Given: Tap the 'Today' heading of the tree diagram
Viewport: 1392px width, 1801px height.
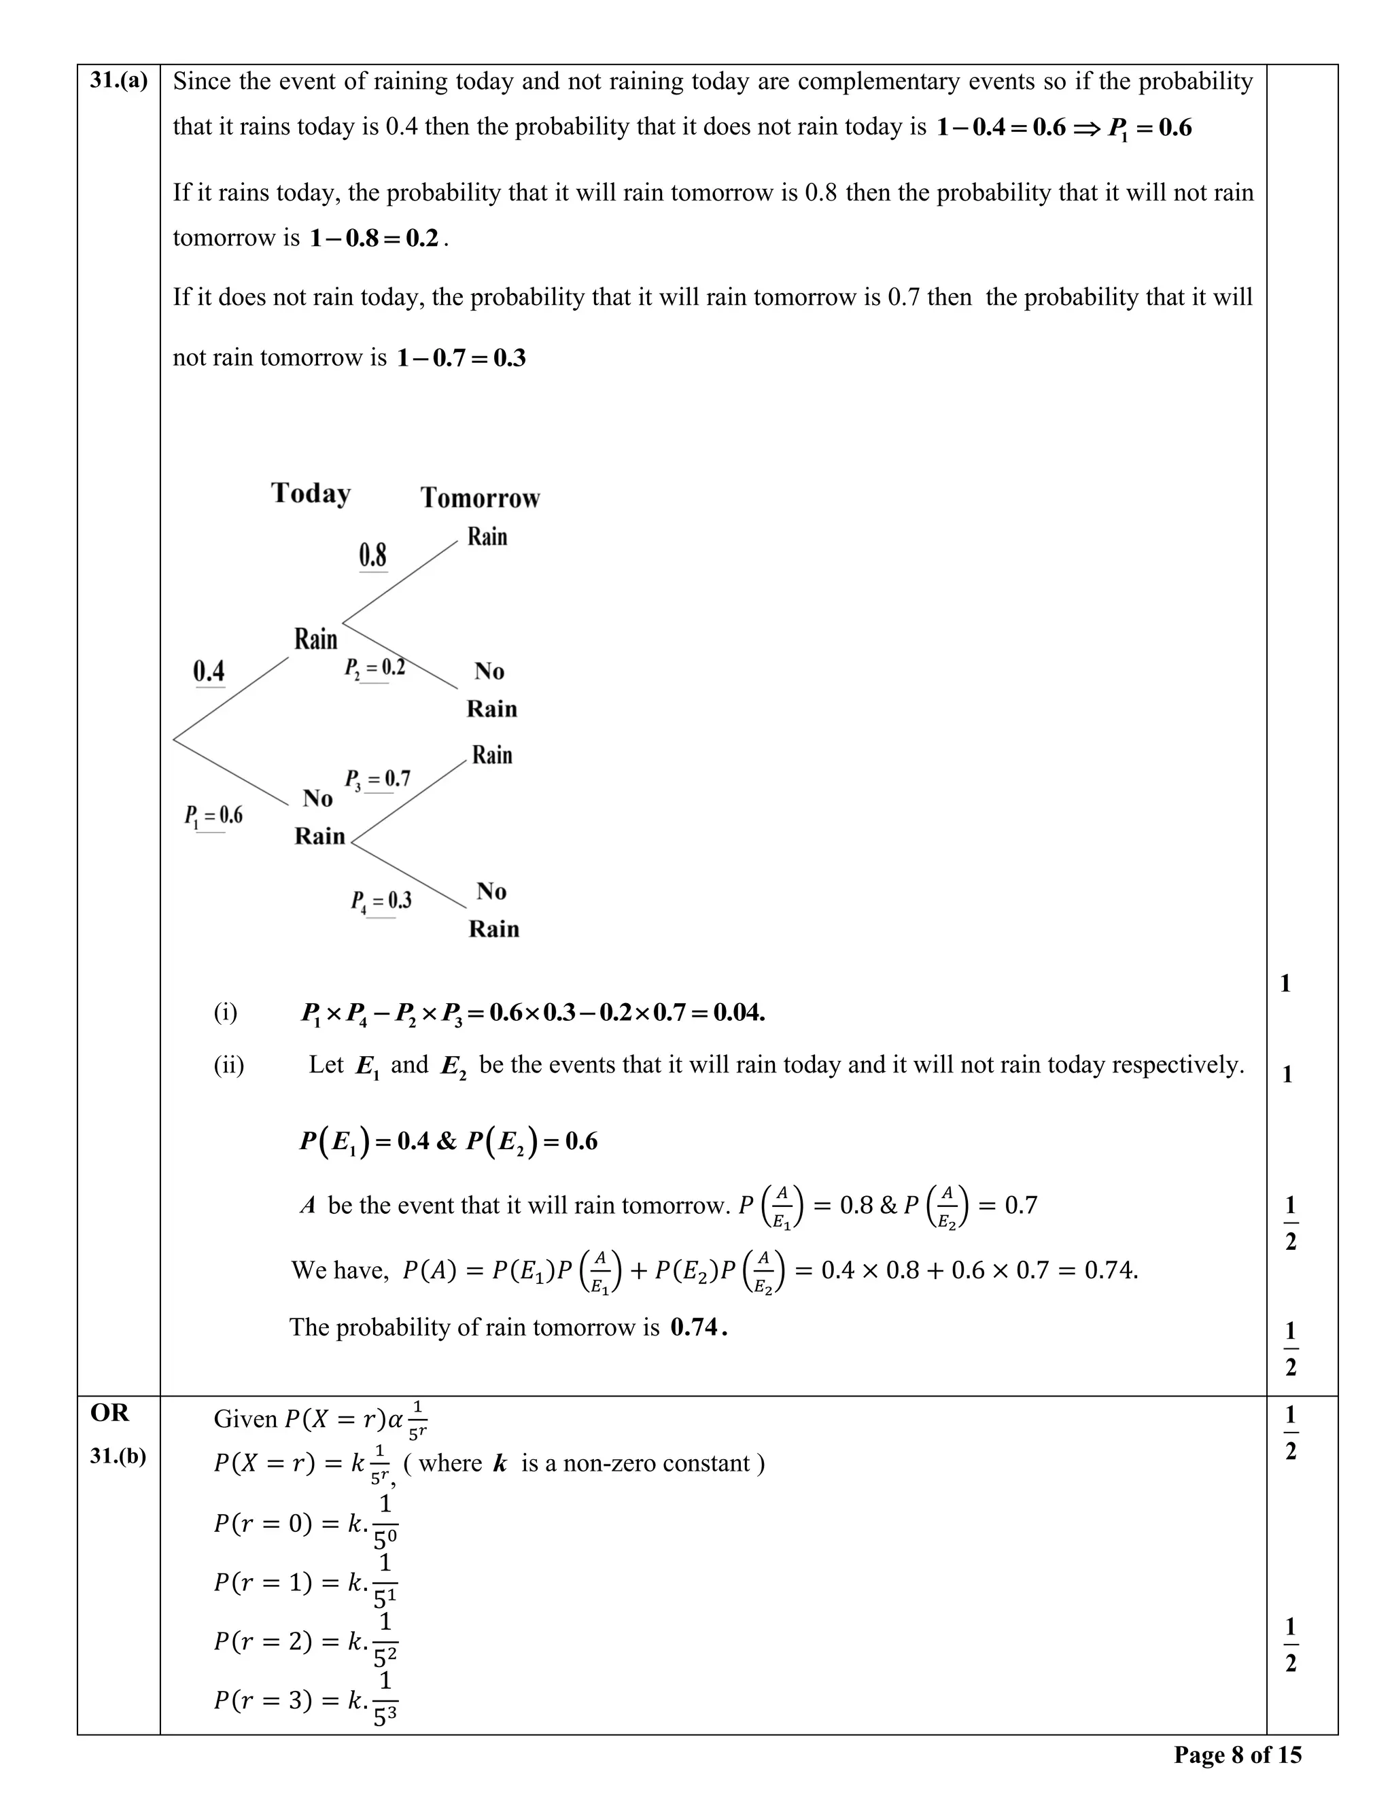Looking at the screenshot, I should pos(311,493).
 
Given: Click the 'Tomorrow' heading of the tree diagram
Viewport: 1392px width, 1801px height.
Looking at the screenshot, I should pos(480,498).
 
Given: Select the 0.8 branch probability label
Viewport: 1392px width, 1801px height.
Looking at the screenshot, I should pos(372,555).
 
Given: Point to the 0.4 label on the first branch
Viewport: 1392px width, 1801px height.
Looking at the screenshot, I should pos(209,671).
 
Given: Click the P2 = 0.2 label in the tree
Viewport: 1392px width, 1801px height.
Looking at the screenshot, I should pos(375,667).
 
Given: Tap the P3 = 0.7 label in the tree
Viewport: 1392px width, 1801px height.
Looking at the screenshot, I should pos(377,778).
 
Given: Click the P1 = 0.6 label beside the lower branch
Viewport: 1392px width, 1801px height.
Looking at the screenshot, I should pos(213,816).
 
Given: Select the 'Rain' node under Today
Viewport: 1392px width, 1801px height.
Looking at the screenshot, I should pos(316,639).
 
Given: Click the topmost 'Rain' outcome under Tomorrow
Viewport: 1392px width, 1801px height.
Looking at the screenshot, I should pos(487,537).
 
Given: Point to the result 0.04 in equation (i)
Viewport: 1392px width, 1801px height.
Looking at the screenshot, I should pos(739,1012).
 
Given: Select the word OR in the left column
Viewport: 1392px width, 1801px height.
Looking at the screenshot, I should pos(109,1413).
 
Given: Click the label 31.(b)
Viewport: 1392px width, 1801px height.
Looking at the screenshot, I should pos(118,1456).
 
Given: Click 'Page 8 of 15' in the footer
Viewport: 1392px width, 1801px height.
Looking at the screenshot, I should pos(1237,1754).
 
